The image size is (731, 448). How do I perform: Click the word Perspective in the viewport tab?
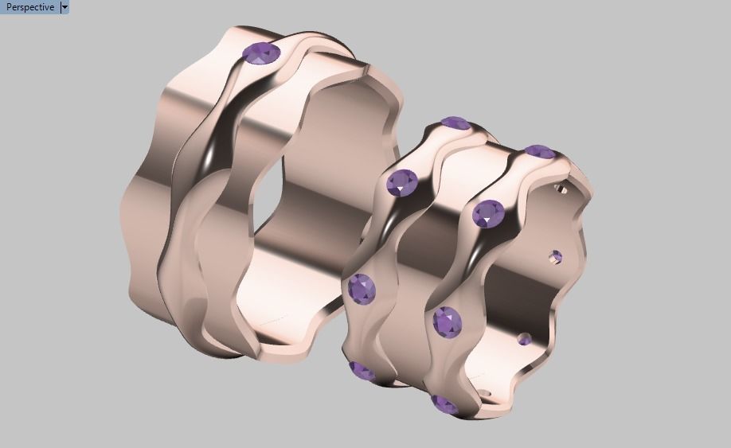(x=30, y=7)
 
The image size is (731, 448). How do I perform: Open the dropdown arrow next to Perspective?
(x=64, y=7)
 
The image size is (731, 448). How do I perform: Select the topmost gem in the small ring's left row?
(x=455, y=123)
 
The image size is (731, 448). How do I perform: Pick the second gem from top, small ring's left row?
(x=402, y=183)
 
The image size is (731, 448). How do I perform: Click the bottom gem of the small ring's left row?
(x=362, y=371)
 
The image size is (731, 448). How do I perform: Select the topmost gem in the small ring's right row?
(x=540, y=151)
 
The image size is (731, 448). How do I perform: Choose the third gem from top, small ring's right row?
(x=448, y=321)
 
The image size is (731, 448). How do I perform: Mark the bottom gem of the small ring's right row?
(x=444, y=404)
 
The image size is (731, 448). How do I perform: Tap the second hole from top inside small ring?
(x=556, y=256)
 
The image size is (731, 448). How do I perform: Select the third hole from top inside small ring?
(x=524, y=340)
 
